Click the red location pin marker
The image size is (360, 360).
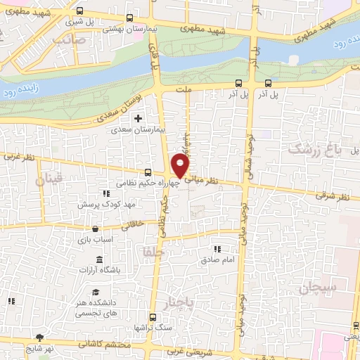coord(181,166)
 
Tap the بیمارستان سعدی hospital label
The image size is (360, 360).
coord(140,130)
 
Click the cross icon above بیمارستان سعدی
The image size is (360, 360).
coord(139,117)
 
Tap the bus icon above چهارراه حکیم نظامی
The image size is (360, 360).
coord(148,172)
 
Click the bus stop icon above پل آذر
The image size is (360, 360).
coord(238,82)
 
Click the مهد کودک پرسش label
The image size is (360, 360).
coord(106,204)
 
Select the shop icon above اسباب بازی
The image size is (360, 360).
coord(95,229)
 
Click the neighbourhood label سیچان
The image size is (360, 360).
coord(317,288)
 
